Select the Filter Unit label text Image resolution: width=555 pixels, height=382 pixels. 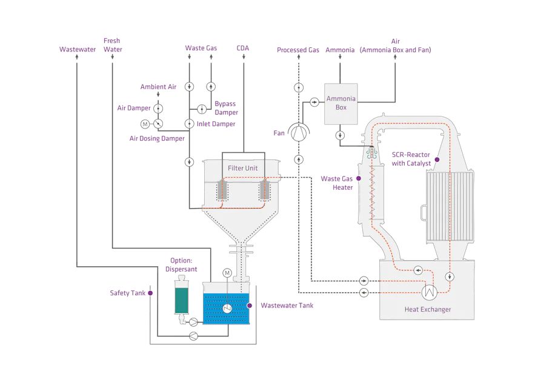click(243, 168)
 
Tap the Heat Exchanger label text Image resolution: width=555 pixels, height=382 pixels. click(427, 310)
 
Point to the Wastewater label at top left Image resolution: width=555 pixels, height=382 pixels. click(78, 49)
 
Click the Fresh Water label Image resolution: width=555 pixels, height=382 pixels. click(112, 45)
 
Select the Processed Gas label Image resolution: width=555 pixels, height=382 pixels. click(297, 50)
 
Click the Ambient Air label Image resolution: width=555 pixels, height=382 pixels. click(158, 87)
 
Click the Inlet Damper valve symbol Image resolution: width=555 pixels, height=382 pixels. click(189, 124)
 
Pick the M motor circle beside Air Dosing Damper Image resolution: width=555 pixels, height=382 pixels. click(145, 124)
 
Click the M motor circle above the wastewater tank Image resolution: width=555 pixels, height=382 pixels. click(227, 272)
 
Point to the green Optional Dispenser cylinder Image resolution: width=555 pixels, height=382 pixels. click(181, 297)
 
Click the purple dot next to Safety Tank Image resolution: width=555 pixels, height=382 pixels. click(150, 293)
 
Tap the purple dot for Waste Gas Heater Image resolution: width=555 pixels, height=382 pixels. click(357, 178)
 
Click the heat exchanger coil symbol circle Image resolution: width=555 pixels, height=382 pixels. click(430, 292)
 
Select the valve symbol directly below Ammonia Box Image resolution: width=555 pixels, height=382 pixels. click(340, 135)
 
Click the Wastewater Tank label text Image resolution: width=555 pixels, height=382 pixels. click(287, 306)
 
